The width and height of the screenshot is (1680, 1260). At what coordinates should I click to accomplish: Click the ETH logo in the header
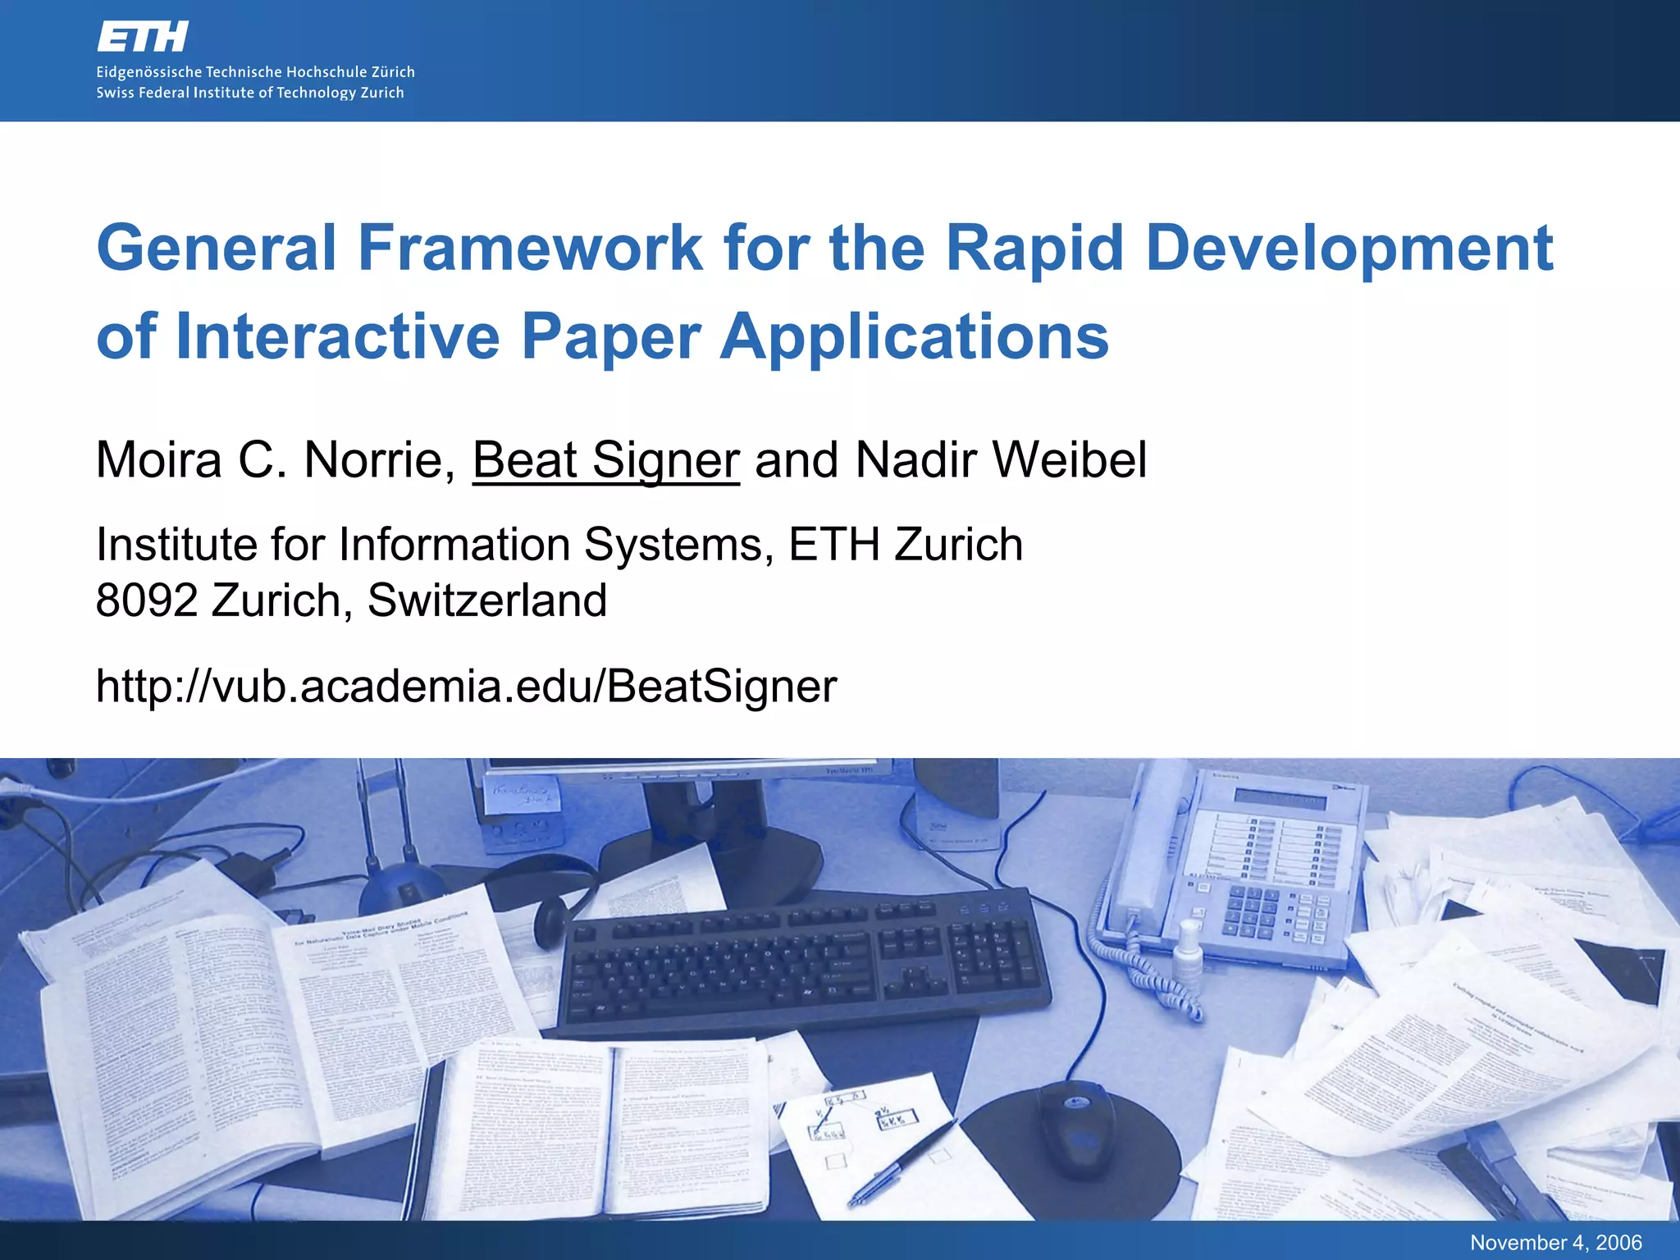[x=143, y=37]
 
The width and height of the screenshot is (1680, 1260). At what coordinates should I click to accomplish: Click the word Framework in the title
[x=530, y=248]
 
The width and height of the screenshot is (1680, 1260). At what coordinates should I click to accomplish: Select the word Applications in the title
[x=914, y=336]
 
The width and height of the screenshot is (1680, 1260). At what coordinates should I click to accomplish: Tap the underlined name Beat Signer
[x=606, y=459]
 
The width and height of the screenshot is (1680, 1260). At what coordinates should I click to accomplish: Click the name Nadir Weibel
[x=1001, y=459]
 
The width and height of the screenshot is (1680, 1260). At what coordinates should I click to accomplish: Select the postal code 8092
[x=147, y=600]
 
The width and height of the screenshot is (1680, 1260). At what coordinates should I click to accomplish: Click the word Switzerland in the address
[x=487, y=600]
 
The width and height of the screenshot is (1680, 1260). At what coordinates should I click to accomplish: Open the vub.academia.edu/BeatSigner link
[x=466, y=686]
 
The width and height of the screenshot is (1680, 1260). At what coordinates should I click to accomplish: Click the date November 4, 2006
[x=1555, y=1243]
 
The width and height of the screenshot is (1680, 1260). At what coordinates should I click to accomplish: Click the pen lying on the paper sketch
[x=902, y=1160]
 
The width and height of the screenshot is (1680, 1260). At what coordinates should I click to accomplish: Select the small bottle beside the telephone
[x=1187, y=952]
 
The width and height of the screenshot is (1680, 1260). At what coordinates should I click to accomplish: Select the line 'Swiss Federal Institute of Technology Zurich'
[x=250, y=93]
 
